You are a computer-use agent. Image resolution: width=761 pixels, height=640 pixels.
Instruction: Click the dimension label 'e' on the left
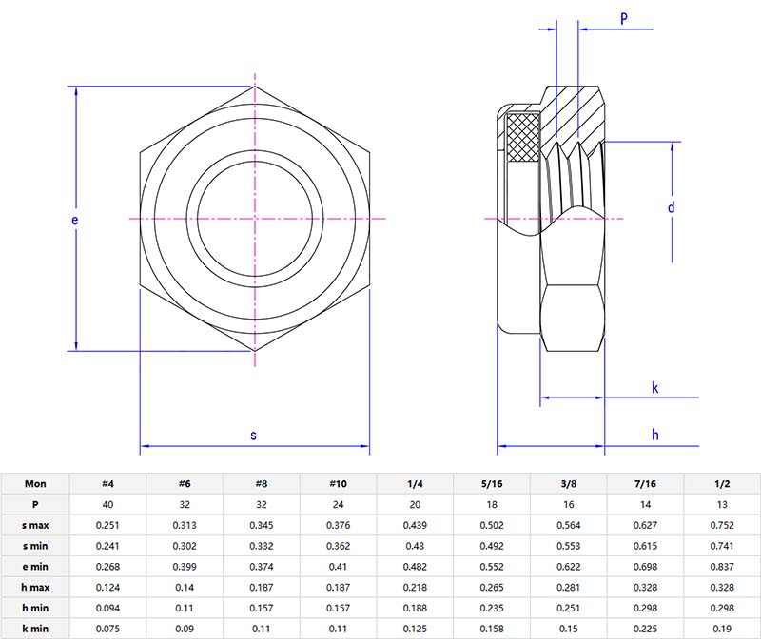(75, 220)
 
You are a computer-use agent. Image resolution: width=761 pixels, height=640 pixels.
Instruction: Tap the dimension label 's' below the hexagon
(253, 436)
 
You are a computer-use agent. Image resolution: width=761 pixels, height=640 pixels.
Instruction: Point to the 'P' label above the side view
(624, 18)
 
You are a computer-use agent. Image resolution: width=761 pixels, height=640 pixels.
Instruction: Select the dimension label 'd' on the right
(670, 207)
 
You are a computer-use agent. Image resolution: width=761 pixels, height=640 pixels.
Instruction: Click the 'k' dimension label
(655, 387)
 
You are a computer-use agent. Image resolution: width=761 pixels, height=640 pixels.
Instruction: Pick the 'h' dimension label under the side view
(655, 435)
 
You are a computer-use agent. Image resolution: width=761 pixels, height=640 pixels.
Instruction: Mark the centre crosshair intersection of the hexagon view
(255, 220)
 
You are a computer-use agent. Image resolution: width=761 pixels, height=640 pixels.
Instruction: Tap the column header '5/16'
(492, 483)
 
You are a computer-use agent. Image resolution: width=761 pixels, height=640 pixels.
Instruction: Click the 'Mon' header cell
(35, 483)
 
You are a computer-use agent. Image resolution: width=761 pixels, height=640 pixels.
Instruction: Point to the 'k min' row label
(35, 629)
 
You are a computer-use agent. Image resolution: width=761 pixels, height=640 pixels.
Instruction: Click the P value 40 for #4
(108, 504)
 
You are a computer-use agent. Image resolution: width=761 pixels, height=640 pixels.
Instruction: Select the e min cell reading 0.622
(569, 567)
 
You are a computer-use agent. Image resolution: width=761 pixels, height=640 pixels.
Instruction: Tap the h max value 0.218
(415, 588)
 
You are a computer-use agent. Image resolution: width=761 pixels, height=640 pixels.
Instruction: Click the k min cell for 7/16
(646, 629)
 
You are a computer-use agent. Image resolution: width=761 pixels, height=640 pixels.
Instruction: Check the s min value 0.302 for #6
(185, 546)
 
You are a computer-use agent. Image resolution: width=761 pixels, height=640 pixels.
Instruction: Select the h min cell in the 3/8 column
(569, 609)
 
